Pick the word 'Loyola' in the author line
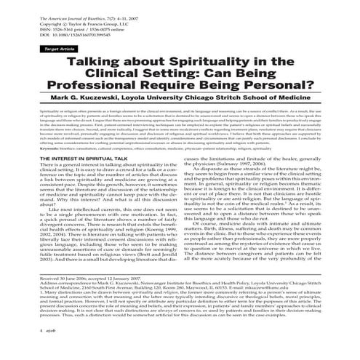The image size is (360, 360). point(159,103)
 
